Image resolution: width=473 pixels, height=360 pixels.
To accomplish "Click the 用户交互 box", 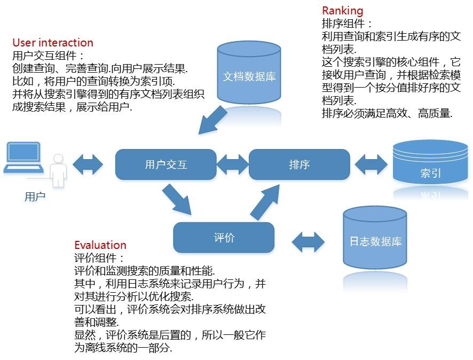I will coord(165,165).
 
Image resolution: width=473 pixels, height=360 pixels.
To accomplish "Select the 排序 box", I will coord(299,165).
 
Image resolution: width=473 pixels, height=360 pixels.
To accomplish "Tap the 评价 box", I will coord(224,238).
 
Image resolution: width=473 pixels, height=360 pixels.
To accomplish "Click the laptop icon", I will coord(22,158).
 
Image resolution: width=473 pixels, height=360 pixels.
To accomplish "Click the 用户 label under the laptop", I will coord(35,197).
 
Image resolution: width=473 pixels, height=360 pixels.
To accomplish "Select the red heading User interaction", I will coord(52,43).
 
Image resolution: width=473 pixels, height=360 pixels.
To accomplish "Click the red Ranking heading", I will coord(342,11).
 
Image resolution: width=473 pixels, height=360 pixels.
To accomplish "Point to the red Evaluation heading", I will coord(100,245).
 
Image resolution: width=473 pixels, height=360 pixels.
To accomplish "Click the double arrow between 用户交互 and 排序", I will coord(232,164).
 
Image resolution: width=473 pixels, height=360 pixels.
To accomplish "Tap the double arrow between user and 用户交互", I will coord(89,164).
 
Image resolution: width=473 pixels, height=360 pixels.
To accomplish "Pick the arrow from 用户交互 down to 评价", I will coord(177,199).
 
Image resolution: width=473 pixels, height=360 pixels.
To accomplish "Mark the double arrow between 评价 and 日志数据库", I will coord(309,241).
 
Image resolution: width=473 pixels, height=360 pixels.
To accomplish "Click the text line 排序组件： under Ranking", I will coord(348,24).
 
